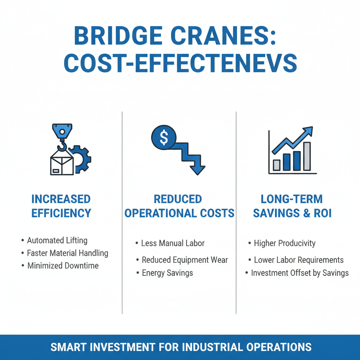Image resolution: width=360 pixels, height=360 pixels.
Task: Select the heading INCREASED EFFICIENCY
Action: coord(61,206)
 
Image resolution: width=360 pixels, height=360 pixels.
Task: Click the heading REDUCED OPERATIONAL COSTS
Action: coord(179,206)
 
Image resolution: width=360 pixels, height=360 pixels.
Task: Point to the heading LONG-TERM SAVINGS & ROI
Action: coord(292,206)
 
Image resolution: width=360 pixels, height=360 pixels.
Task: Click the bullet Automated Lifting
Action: coord(57,240)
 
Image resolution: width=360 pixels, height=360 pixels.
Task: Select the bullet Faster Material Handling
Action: coord(67,253)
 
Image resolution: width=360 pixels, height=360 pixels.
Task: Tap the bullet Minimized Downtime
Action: coord(63,265)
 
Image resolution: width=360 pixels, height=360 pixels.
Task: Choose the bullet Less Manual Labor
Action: coord(173,243)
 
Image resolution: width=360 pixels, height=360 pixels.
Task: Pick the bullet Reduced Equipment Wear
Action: coord(185,260)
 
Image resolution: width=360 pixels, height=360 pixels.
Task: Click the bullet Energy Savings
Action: coord(167,273)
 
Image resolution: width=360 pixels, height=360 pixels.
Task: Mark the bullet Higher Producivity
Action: coord(285,243)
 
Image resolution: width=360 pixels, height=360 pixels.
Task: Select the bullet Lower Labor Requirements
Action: coord(298,260)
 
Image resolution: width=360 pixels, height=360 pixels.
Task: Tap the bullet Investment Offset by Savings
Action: coord(300,273)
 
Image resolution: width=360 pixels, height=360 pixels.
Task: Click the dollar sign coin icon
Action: coord(164,138)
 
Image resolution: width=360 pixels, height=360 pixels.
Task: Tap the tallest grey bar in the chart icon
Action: coord(307,156)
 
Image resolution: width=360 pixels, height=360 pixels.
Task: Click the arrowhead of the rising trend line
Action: coord(308,131)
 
